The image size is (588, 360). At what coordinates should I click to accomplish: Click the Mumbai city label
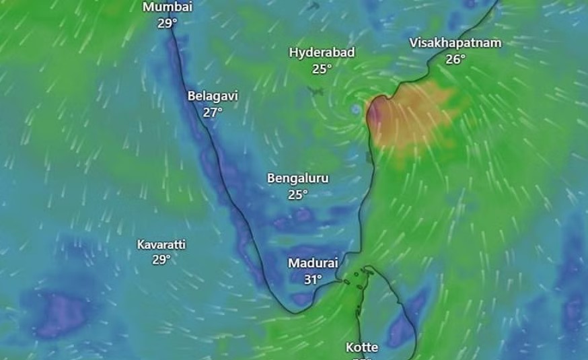pos(168,7)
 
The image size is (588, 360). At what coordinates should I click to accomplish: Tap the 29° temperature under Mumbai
pos(168,23)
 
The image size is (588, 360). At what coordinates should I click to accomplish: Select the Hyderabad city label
pos(322,52)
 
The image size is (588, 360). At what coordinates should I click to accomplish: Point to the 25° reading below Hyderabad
pos(322,69)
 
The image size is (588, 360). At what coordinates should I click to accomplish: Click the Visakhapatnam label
pos(455,43)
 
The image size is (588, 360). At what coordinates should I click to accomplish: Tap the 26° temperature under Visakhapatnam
pos(455,59)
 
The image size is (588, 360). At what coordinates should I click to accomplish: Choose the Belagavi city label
pos(213,96)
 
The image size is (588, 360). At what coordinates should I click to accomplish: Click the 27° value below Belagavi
pos(213,112)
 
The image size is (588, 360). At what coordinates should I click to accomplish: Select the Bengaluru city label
pos(298,178)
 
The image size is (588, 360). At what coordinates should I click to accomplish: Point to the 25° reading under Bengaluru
pos(298,194)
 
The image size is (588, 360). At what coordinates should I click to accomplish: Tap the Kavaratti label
pos(161,244)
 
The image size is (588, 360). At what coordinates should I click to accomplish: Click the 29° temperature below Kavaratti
pos(161,260)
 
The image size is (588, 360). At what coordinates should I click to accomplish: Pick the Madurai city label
pos(313,263)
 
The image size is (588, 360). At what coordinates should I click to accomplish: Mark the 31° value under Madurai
pos(313,279)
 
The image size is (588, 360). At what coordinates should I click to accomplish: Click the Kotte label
pos(362,348)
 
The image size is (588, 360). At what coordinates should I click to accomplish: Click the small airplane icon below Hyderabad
pos(315,91)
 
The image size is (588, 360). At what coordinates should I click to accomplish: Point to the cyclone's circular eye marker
pos(355,109)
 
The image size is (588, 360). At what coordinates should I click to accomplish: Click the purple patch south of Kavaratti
pos(61,313)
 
